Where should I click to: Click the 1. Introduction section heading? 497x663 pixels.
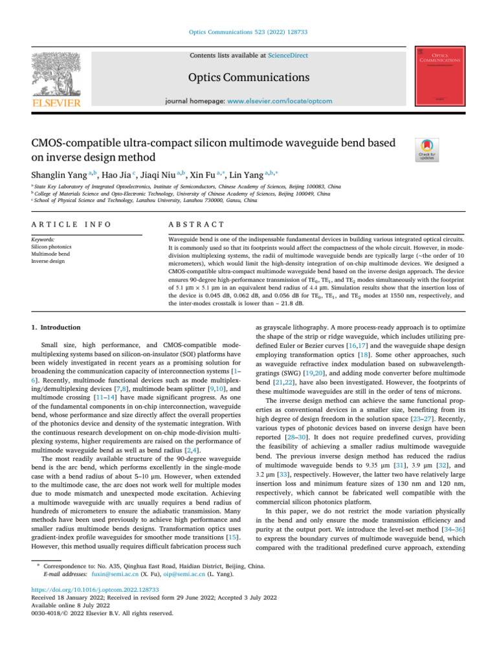point(58,328)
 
